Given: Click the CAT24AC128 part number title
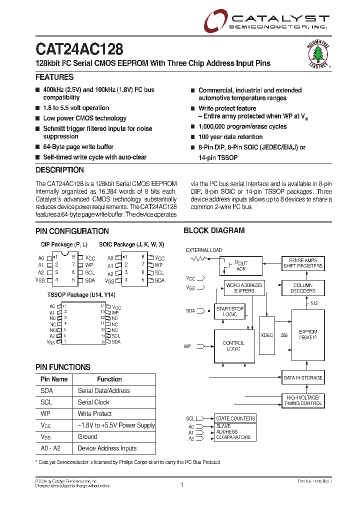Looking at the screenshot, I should (x=79, y=49).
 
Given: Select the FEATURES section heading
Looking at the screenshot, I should (x=54, y=77).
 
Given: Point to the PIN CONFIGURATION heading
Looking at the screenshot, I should (x=72, y=231).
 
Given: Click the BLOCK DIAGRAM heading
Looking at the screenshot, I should (x=214, y=230).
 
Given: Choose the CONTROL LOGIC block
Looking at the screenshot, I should (x=233, y=346).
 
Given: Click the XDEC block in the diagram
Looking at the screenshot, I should (x=267, y=335).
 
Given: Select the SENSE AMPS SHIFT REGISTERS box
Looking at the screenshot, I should (x=303, y=263).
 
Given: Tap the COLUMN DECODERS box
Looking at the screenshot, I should (x=304, y=288).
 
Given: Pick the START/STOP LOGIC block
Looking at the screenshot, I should (x=230, y=312).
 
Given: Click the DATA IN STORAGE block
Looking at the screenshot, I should (x=303, y=378).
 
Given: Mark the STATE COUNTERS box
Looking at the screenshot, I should (x=235, y=418).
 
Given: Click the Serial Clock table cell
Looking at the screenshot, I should (x=93, y=402).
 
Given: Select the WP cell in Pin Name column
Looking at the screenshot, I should (x=46, y=413).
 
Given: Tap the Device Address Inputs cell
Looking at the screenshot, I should (x=107, y=448).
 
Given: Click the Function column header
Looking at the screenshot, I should (x=109, y=379).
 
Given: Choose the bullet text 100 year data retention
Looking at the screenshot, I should (x=230, y=137).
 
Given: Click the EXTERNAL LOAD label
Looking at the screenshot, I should (x=204, y=250).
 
